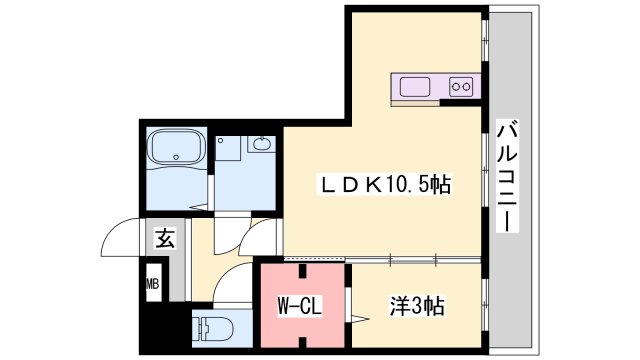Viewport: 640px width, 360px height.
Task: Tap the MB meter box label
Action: click(x=153, y=284)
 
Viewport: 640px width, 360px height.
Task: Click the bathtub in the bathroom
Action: click(x=177, y=151)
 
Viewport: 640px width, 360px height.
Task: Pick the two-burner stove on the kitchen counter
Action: click(x=461, y=87)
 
